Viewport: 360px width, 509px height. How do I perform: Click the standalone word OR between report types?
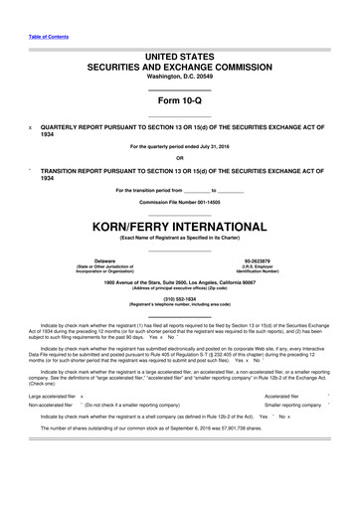tap(180, 158)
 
